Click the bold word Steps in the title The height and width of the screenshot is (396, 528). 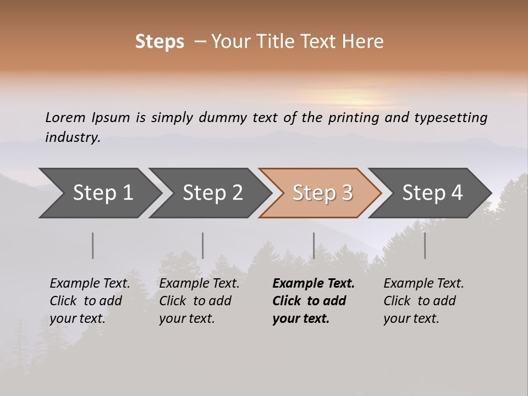pos(159,42)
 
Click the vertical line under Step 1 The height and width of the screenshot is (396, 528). pos(93,245)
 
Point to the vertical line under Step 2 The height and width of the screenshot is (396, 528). pos(203,245)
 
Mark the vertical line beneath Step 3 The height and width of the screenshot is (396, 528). pos(313,245)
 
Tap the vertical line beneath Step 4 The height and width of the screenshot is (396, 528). pos(425,245)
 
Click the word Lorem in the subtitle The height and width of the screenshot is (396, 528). pos(65,117)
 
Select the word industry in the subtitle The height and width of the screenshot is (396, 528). pos(73,137)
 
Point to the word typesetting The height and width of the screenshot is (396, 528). pos(450,118)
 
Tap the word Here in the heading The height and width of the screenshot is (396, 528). pos(363,42)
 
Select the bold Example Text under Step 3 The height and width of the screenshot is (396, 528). pos(313,284)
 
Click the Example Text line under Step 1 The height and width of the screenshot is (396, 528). pos(90,284)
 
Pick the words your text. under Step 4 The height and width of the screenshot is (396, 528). pos(411,319)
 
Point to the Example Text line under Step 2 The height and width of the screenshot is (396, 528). pos(199,284)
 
